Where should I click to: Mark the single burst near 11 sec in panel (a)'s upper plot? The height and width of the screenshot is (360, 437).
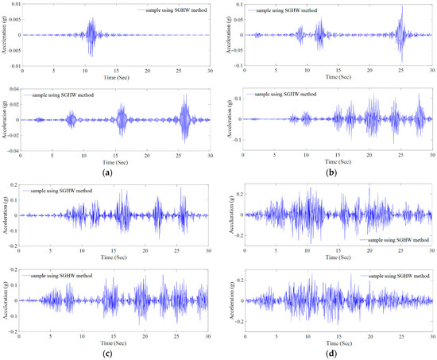91,35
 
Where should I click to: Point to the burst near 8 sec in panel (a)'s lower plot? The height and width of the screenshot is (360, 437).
71,120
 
